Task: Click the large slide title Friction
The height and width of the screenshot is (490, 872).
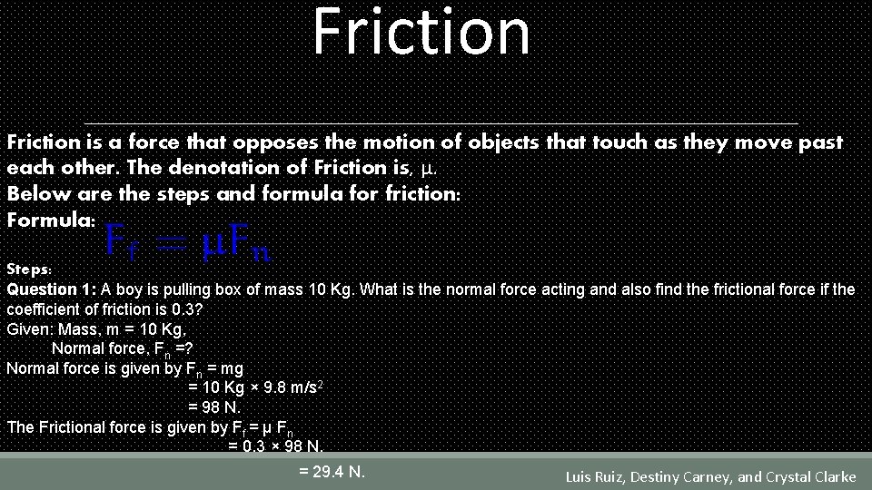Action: point(421,33)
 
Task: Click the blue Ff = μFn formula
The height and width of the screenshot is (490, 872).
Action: point(189,241)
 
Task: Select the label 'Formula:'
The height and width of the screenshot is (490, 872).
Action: point(45,220)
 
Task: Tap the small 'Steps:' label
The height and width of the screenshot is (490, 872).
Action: point(30,269)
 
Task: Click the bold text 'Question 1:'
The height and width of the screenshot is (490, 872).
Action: point(52,289)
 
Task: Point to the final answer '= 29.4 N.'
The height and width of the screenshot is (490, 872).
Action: point(332,471)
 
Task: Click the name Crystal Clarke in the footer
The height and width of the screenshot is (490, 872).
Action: point(810,476)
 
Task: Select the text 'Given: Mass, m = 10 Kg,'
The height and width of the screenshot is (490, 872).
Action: point(96,328)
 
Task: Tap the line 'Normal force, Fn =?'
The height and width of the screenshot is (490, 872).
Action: point(123,348)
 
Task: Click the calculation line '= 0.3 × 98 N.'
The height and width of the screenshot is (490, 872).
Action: point(275,446)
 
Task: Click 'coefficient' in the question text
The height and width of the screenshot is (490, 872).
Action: point(43,309)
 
